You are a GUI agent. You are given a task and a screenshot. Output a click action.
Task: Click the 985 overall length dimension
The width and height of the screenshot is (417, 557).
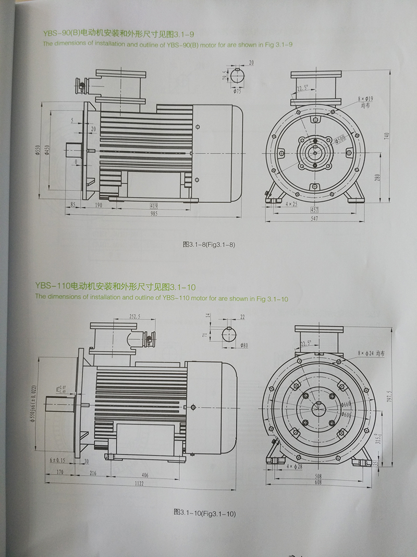pos(155,213)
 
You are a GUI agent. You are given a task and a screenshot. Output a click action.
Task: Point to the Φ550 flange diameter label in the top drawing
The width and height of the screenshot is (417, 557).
pos(38,150)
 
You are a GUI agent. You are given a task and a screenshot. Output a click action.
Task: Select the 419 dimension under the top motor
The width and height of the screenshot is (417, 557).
pos(154,206)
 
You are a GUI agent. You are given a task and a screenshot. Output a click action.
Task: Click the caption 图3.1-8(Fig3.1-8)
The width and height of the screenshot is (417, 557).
pos(206,244)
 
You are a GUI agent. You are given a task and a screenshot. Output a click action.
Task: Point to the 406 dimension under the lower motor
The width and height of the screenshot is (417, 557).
pos(145,475)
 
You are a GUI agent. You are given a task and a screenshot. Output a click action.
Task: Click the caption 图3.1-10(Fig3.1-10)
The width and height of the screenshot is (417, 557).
pos(205,514)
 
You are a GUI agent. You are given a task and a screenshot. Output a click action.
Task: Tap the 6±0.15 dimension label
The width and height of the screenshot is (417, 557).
pos(58,460)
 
